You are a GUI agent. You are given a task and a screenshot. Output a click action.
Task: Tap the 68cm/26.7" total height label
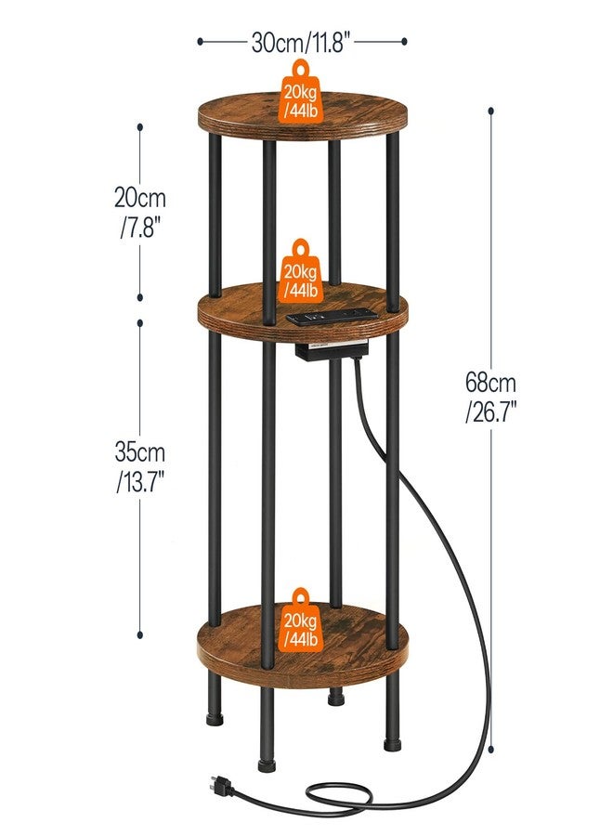(x=490, y=398)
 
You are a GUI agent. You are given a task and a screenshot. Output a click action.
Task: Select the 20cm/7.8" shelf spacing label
(x=139, y=212)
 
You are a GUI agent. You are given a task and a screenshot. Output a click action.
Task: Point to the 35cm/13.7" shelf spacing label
(x=139, y=467)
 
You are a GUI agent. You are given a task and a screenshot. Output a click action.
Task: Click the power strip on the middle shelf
(x=332, y=316)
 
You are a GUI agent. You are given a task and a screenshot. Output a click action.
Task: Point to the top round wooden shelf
(x=303, y=117)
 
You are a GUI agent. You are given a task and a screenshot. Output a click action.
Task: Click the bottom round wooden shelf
(x=303, y=646)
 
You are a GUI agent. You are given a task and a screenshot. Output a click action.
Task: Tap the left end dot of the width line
(x=200, y=41)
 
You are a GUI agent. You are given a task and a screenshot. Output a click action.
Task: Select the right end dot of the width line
(x=404, y=41)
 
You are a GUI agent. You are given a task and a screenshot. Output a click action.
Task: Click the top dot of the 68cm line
(x=491, y=111)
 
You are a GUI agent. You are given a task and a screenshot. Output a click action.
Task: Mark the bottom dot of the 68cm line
(x=491, y=749)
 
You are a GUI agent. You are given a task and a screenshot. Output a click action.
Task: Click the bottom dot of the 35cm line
(x=139, y=634)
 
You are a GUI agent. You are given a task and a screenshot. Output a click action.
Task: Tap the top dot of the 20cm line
(x=139, y=127)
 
